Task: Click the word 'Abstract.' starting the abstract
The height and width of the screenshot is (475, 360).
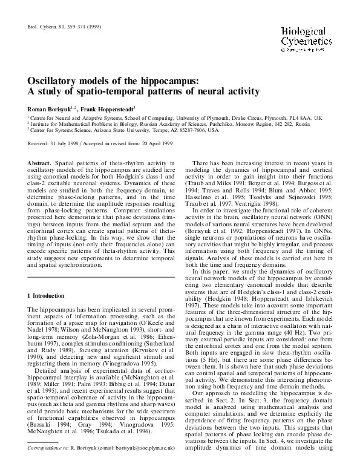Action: tap(41, 163)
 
